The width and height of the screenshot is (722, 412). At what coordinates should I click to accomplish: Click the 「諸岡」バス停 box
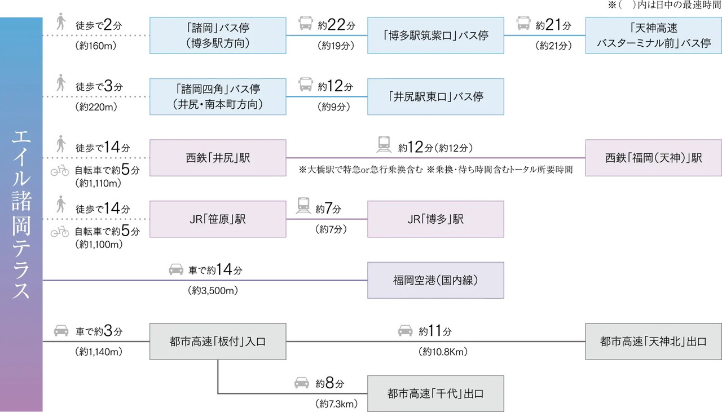[x=218, y=36]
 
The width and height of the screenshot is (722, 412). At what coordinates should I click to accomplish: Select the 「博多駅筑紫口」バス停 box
[x=435, y=36]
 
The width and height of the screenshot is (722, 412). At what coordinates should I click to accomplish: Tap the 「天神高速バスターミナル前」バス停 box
[x=653, y=36]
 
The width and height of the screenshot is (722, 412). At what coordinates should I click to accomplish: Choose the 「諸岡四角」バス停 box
[x=218, y=96]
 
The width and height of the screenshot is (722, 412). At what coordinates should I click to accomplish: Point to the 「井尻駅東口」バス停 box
[x=435, y=96]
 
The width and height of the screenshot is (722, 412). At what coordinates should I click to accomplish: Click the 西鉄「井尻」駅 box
[x=218, y=158]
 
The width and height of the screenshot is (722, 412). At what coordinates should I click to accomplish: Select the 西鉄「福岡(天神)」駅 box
[x=653, y=158]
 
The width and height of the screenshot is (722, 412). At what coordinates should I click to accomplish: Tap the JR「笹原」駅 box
[x=218, y=219]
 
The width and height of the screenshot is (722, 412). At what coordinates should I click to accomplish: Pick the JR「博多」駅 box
[x=435, y=219]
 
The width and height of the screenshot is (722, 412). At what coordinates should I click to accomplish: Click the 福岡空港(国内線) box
[x=435, y=280]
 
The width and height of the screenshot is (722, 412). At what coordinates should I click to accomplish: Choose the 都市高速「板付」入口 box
[x=218, y=342]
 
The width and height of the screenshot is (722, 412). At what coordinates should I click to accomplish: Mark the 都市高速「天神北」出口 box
[x=653, y=342]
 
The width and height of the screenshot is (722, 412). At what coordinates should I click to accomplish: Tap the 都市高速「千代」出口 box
[x=435, y=393]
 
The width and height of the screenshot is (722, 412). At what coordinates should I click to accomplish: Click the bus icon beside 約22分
[x=306, y=24]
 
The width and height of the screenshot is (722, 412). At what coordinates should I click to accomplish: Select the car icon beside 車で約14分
[x=176, y=270]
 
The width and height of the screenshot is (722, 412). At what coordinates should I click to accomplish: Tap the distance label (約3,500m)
[x=213, y=291]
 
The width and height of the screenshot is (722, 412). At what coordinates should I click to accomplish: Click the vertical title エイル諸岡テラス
[x=21, y=214]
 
